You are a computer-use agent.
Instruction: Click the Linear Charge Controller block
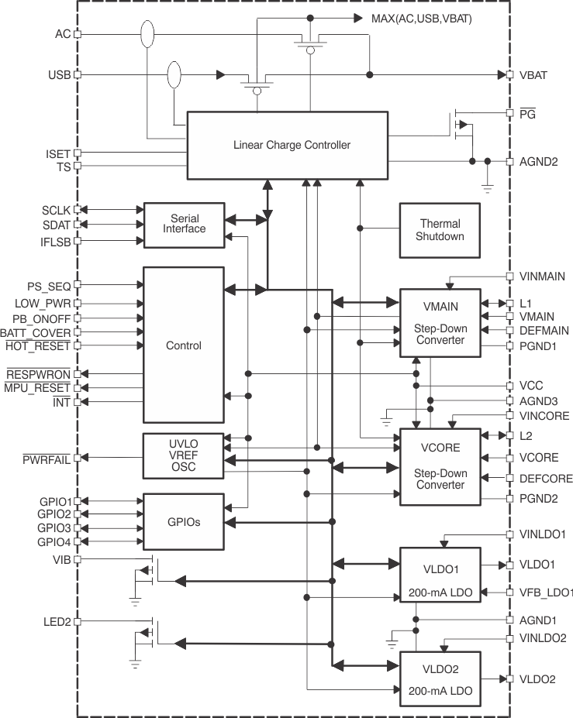click(287, 145)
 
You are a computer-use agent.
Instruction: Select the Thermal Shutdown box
click(439, 230)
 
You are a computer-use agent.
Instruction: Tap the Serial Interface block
click(184, 224)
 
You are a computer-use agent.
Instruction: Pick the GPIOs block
click(184, 521)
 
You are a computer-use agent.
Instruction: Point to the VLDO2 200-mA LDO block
click(440, 678)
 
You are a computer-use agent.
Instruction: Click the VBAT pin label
click(533, 75)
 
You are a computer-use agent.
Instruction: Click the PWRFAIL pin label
click(47, 459)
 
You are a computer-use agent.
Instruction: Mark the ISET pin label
click(58, 153)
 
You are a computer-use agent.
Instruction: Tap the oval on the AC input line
click(147, 34)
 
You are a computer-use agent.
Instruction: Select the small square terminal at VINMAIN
click(509, 277)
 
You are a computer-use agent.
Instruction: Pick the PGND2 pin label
click(539, 498)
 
